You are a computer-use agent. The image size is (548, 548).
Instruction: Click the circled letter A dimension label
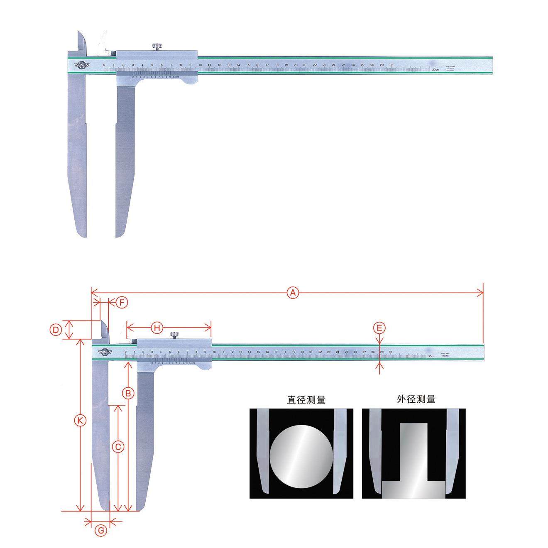tap(293, 293)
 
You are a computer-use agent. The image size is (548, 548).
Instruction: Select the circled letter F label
tap(121, 303)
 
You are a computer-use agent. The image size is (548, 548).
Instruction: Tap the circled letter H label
tap(157, 328)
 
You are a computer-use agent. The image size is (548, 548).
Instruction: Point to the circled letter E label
tap(379, 328)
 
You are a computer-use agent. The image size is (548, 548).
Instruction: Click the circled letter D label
tap(55, 330)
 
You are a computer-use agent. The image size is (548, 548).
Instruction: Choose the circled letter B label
tap(129, 392)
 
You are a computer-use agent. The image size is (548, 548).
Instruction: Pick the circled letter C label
tap(118, 447)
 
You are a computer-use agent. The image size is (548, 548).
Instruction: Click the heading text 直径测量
tap(306, 400)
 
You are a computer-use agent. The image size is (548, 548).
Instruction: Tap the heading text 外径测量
tap(416, 399)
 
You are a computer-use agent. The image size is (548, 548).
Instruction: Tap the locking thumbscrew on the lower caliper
tap(174, 335)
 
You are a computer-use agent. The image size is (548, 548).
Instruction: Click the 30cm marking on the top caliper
tap(435, 70)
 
